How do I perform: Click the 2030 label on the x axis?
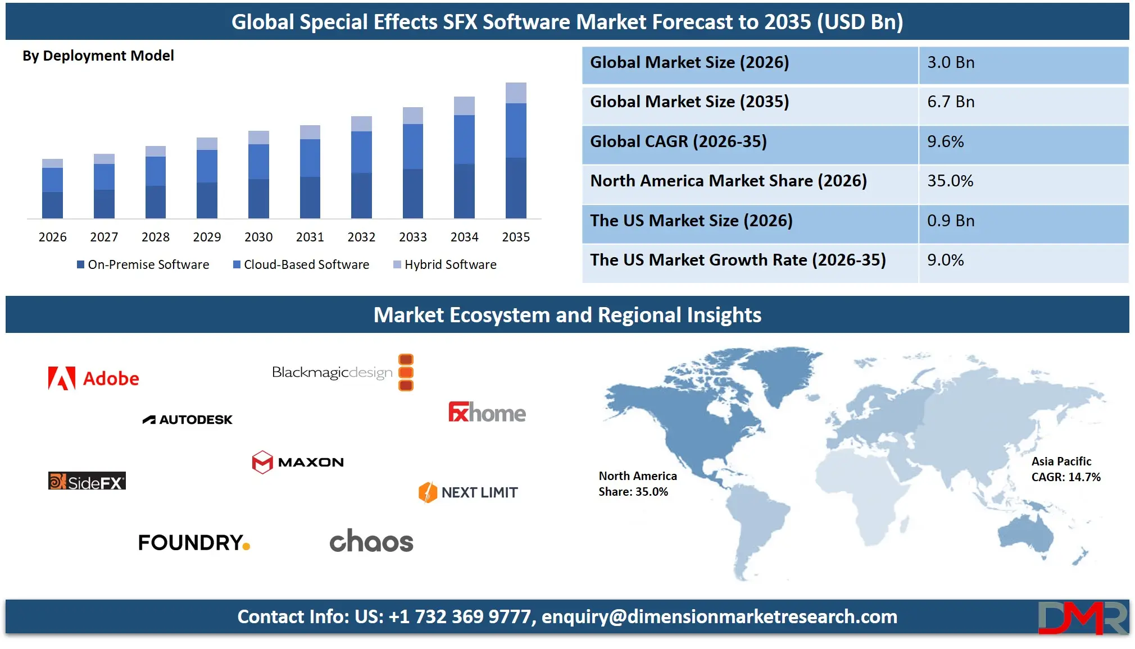tap(258, 237)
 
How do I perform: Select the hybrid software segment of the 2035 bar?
tap(516, 93)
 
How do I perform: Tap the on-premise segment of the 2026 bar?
tap(52, 205)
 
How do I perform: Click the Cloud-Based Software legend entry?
tap(301, 264)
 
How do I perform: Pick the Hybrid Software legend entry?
tap(445, 264)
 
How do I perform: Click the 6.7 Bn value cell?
tap(951, 102)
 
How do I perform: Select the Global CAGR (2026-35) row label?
tap(678, 141)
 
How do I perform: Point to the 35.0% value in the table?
tap(950, 181)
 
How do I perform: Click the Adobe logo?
tap(93, 378)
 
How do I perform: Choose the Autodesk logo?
tap(187, 420)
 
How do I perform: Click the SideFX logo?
tap(87, 482)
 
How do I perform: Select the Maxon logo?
tap(298, 462)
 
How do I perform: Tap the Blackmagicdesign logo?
tap(342, 372)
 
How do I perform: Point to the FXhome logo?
tap(487, 413)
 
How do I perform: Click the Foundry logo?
tap(194, 542)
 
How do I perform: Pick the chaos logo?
tap(371, 541)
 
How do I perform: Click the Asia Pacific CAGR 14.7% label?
tap(1065, 469)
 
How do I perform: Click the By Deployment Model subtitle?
tap(98, 56)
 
